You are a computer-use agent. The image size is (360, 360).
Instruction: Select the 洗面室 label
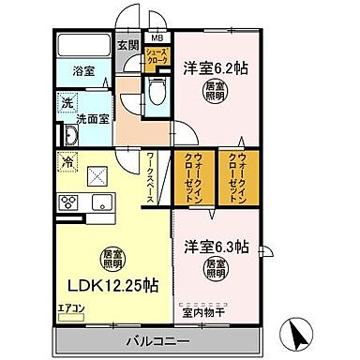[95, 120]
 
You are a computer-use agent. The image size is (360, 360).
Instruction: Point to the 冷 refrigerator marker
[67, 162]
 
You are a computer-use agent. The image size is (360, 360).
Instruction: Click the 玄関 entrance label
[128, 44]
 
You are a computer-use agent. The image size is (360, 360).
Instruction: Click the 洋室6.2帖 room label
[217, 67]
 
